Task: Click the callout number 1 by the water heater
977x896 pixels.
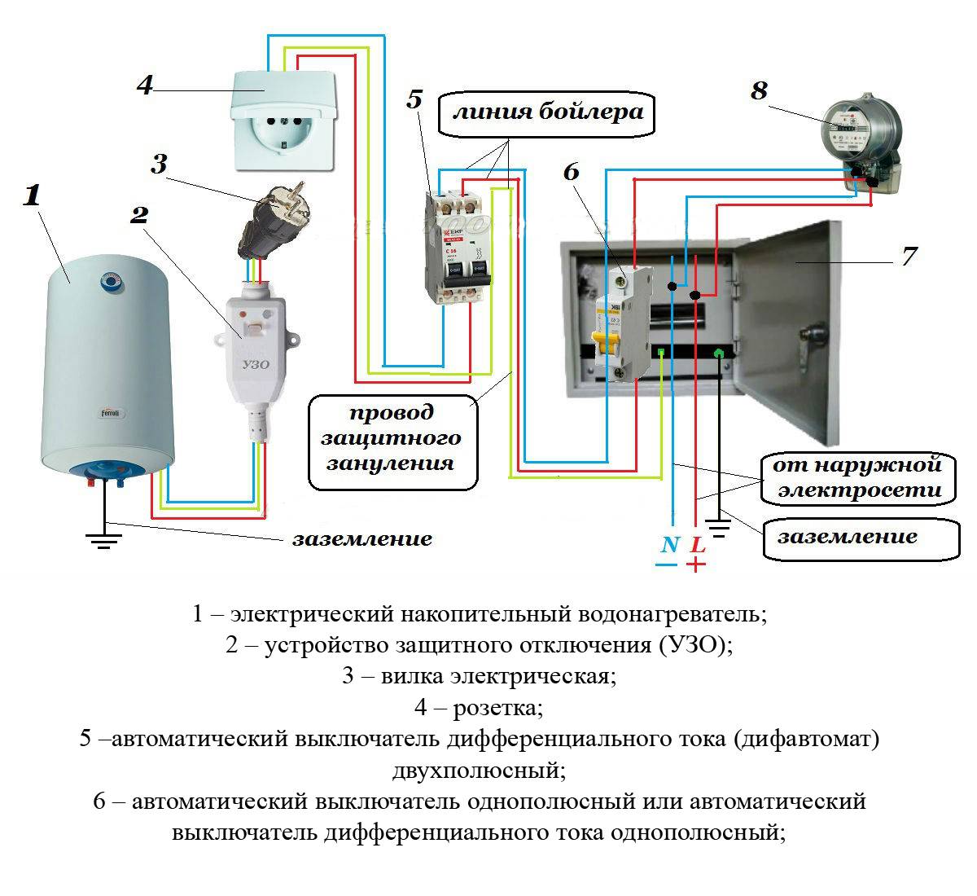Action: (x=33, y=195)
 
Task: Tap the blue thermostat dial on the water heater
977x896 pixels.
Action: (x=110, y=282)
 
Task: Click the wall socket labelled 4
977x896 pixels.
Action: (x=284, y=121)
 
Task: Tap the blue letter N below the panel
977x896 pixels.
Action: (x=669, y=544)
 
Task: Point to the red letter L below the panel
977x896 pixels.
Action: (x=698, y=544)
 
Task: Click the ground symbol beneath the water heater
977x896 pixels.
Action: (x=103, y=538)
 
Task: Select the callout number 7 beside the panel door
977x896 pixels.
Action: (x=909, y=256)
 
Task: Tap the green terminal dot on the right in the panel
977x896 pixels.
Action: (x=719, y=353)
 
